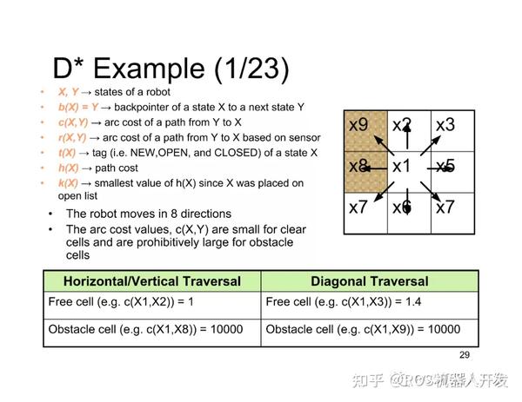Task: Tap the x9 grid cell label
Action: click(x=358, y=125)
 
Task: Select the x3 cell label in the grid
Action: click(x=445, y=125)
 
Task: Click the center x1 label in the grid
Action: click(x=401, y=166)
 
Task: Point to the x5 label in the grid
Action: click(x=445, y=166)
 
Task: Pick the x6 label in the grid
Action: click(x=401, y=208)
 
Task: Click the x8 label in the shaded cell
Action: click(x=358, y=166)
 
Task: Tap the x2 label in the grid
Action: click(x=401, y=125)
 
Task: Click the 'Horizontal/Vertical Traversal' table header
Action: click(x=151, y=280)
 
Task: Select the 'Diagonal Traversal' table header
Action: click(x=369, y=280)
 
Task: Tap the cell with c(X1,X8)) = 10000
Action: click(x=144, y=331)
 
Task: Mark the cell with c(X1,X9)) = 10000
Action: click(x=362, y=331)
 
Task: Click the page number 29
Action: click(x=464, y=354)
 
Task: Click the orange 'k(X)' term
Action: click(x=68, y=183)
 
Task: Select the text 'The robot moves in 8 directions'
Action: click(x=148, y=214)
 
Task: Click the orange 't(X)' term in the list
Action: click(x=67, y=152)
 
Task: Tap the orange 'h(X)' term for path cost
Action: click(x=68, y=168)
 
